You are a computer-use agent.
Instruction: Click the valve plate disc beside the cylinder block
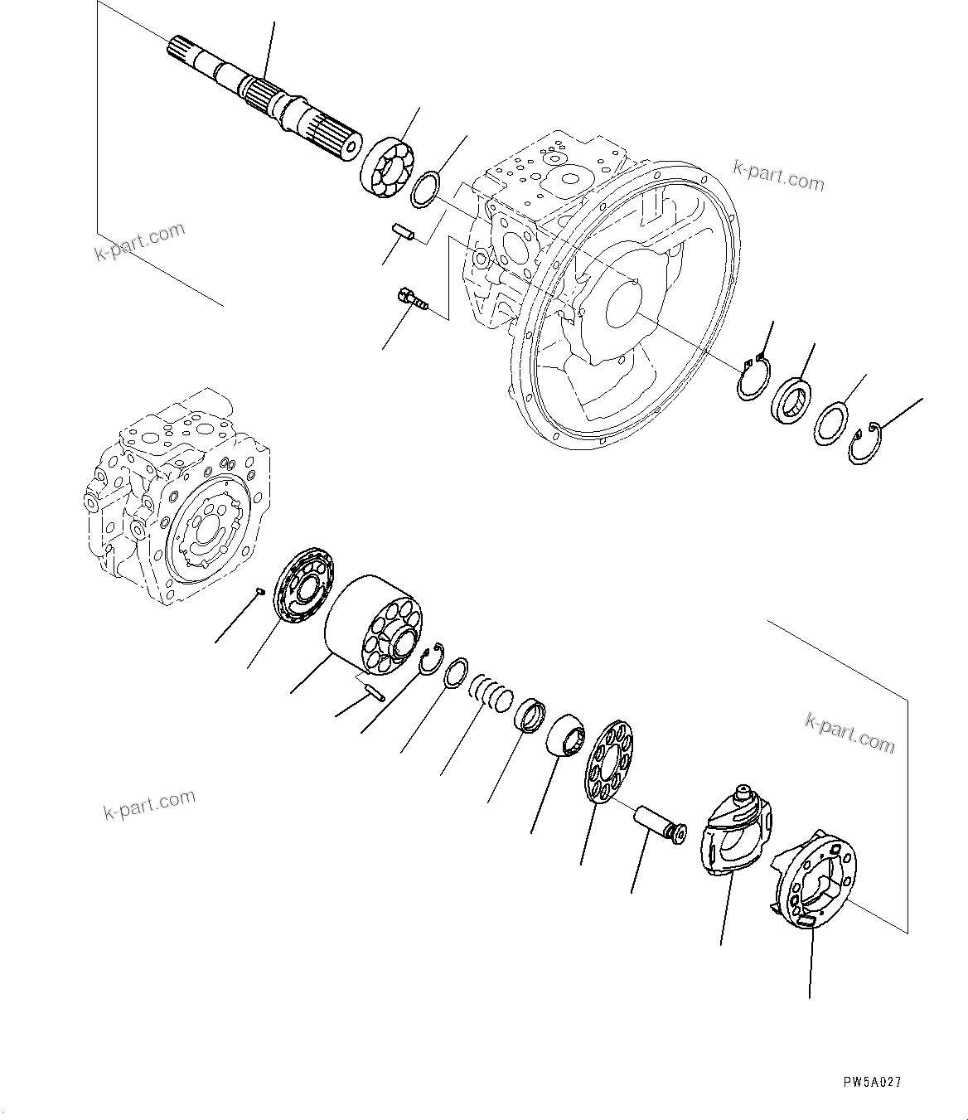coord(304,583)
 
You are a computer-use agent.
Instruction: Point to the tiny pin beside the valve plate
coord(259,591)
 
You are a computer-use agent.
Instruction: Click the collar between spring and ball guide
coord(530,715)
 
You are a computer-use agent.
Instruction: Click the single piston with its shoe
coord(660,822)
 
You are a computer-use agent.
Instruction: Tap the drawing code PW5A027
coord(872,1083)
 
